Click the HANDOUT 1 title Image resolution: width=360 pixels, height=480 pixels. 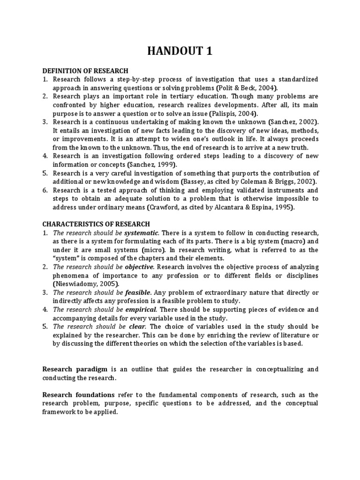coord(180,51)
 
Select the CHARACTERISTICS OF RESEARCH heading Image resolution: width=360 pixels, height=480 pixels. coord(96,224)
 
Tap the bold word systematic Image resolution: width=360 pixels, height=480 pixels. coord(142,233)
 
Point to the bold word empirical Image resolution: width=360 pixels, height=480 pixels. coord(141,309)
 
